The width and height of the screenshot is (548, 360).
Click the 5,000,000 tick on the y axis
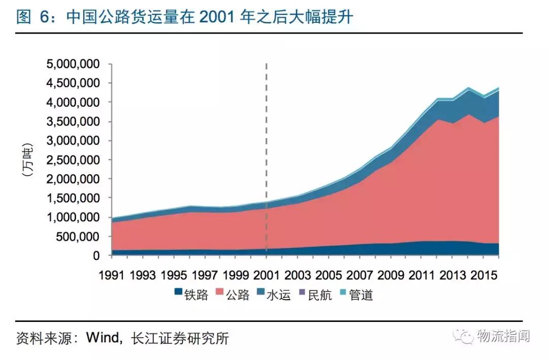click(73, 64)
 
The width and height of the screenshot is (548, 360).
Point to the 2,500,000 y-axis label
click(73, 160)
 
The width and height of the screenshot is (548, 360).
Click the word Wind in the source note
click(104, 338)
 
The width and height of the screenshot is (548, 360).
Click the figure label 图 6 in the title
click(33, 17)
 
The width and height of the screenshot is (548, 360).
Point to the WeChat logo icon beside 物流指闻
click(463, 336)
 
